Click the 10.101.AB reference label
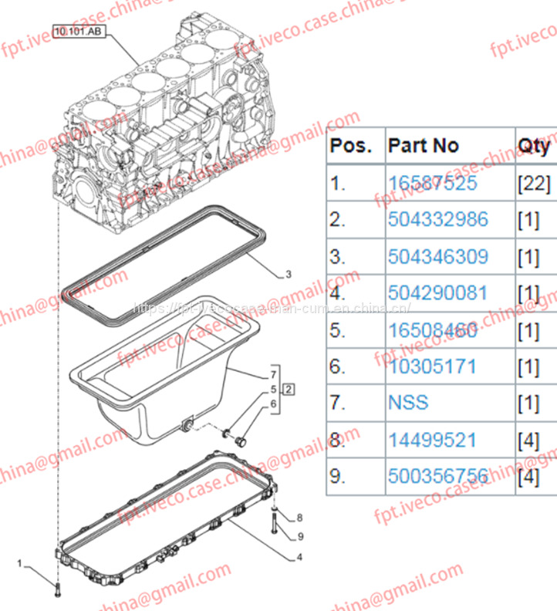[x=77, y=32]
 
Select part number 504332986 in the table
[x=437, y=220]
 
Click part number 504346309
[x=437, y=256]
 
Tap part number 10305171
[x=432, y=366]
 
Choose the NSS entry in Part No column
[x=408, y=403]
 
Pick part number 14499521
[x=432, y=440]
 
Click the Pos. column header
[x=351, y=146]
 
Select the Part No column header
[x=424, y=146]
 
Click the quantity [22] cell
[x=533, y=184]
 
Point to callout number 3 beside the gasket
[x=288, y=274]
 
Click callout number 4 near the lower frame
[x=299, y=556]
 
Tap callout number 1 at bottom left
[x=20, y=564]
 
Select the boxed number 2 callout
[x=288, y=388]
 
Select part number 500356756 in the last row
[x=437, y=476]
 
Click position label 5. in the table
[x=337, y=329]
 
